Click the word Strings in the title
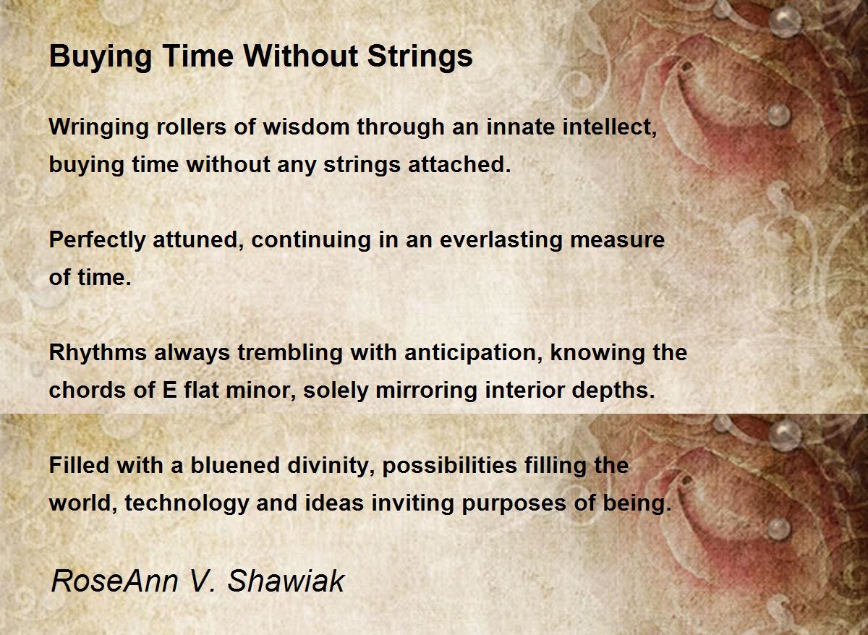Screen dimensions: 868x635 tap(420, 57)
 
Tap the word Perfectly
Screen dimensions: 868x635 tap(97, 240)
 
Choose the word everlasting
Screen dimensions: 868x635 tap(501, 240)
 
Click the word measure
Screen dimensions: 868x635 tap(618, 241)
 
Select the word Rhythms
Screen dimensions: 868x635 tap(98, 353)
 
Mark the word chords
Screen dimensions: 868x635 tap(88, 390)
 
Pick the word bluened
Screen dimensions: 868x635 tap(235, 465)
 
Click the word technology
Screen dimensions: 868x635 tap(187, 503)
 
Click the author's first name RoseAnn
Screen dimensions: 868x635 tap(115, 581)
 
